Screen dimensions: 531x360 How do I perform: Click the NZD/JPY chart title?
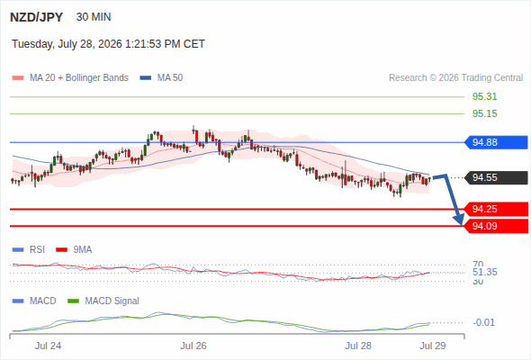[x=37, y=17]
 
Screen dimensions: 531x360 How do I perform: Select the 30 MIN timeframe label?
[x=94, y=17]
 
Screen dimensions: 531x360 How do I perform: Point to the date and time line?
[x=108, y=44]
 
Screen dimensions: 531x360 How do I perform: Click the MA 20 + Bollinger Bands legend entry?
[x=70, y=78]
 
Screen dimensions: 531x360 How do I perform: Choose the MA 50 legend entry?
[x=161, y=78]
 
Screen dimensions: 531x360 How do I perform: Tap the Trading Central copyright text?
[x=455, y=78]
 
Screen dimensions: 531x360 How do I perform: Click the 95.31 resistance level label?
[x=484, y=96]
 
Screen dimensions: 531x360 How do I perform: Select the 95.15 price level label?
[x=484, y=113]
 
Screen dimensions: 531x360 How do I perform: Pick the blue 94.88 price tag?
[x=496, y=142]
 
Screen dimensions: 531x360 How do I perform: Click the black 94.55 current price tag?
[x=496, y=177]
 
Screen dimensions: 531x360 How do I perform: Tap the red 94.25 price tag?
[x=496, y=209]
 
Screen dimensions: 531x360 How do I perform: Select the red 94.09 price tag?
[x=496, y=226]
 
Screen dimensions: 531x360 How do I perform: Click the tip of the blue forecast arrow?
[x=461, y=224]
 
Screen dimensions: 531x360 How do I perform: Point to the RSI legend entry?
[x=29, y=249]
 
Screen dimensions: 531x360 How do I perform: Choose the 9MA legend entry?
[x=74, y=249]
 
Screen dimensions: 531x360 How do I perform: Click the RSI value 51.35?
[x=484, y=272]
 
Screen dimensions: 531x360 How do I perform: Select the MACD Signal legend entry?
[x=103, y=301]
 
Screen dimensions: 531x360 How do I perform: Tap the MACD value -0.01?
[x=483, y=322]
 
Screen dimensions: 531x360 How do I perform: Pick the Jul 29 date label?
[x=433, y=346]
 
